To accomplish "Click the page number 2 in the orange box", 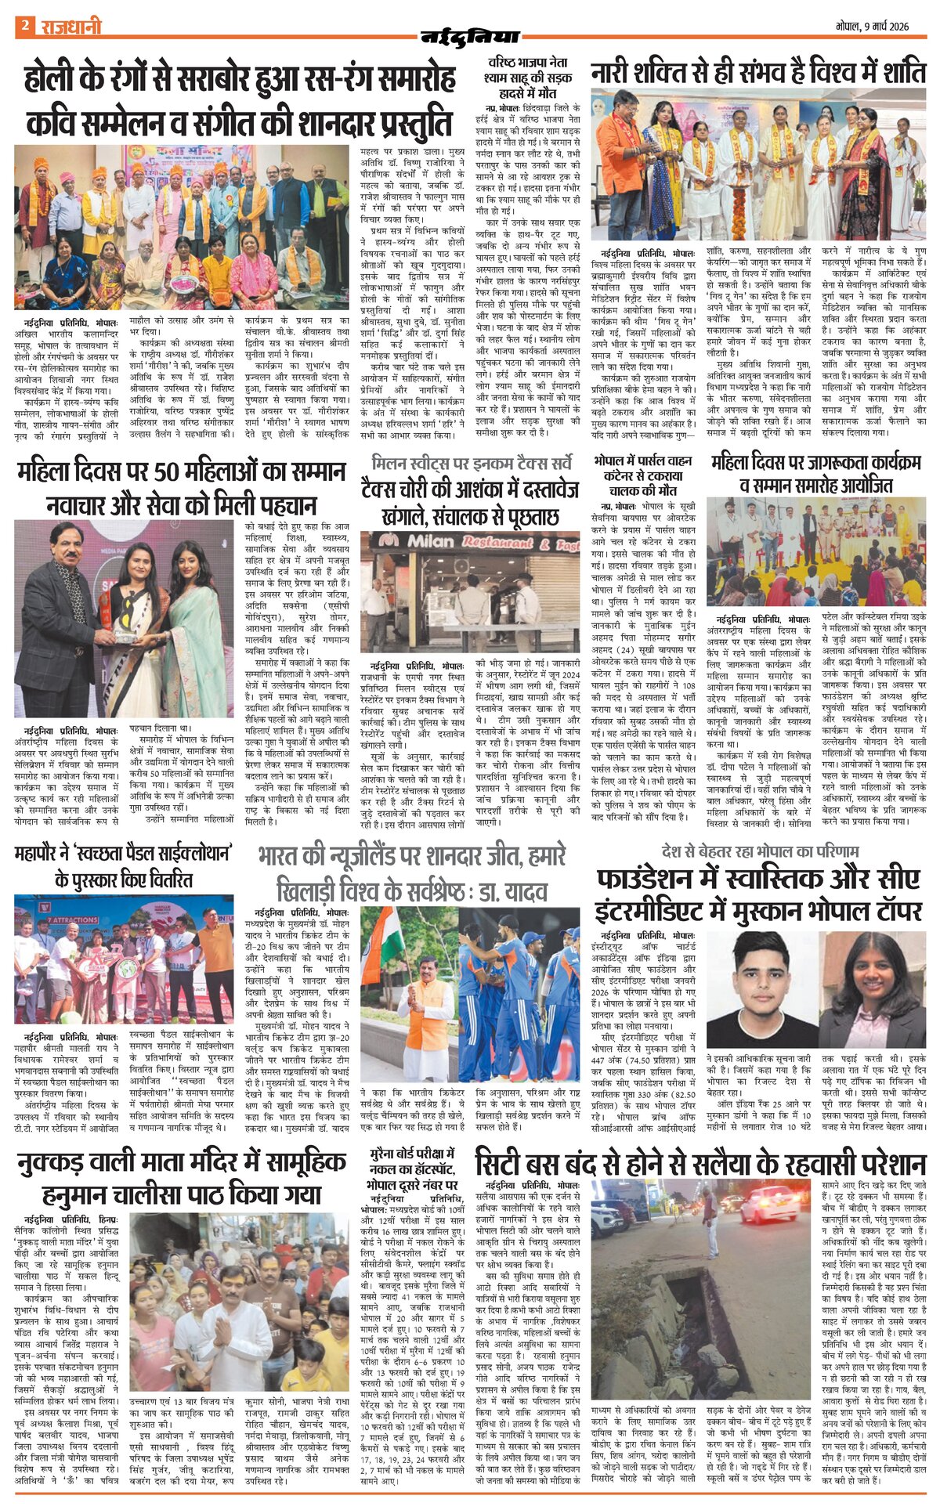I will click(x=25, y=26).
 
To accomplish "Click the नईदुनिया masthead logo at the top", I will click(x=470, y=35).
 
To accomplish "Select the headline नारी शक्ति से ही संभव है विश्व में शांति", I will click(x=758, y=74).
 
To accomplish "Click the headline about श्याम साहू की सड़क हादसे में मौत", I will click(x=530, y=76).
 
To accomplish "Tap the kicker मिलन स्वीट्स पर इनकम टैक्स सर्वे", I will click(x=469, y=462).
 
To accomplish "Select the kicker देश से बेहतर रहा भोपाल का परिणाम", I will click(x=760, y=851).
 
